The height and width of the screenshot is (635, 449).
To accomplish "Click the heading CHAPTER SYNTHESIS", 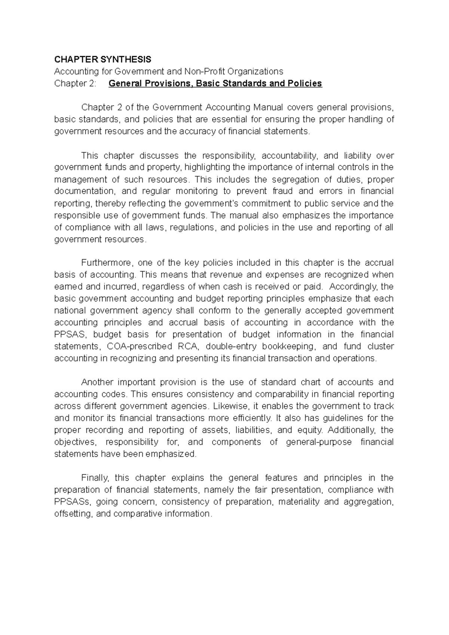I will pyautogui.click(x=103, y=59).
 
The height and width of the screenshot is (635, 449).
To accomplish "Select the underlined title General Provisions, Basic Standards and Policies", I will pyautogui.click(x=215, y=83).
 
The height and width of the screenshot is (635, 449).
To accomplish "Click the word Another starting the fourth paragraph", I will pyautogui.click(x=97, y=382).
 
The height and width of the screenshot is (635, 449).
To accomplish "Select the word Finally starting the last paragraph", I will pyautogui.click(x=95, y=477).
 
